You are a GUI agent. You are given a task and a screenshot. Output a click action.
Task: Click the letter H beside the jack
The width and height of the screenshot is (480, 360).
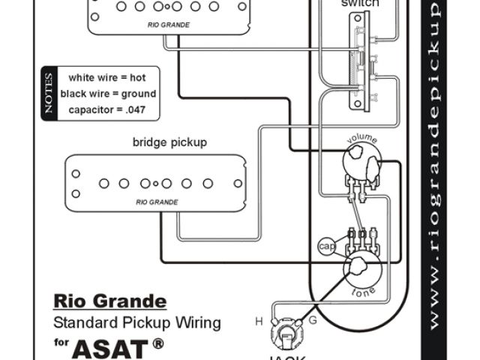[x=259, y=322]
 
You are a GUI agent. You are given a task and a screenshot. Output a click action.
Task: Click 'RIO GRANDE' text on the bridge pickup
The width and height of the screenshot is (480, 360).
[x=157, y=202]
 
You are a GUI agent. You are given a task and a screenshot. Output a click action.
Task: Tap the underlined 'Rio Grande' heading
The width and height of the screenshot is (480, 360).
[x=109, y=301]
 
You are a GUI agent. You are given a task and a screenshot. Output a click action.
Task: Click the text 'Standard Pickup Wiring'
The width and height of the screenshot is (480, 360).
[x=136, y=323]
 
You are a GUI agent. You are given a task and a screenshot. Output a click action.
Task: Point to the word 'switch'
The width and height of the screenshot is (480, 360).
[x=359, y=4]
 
